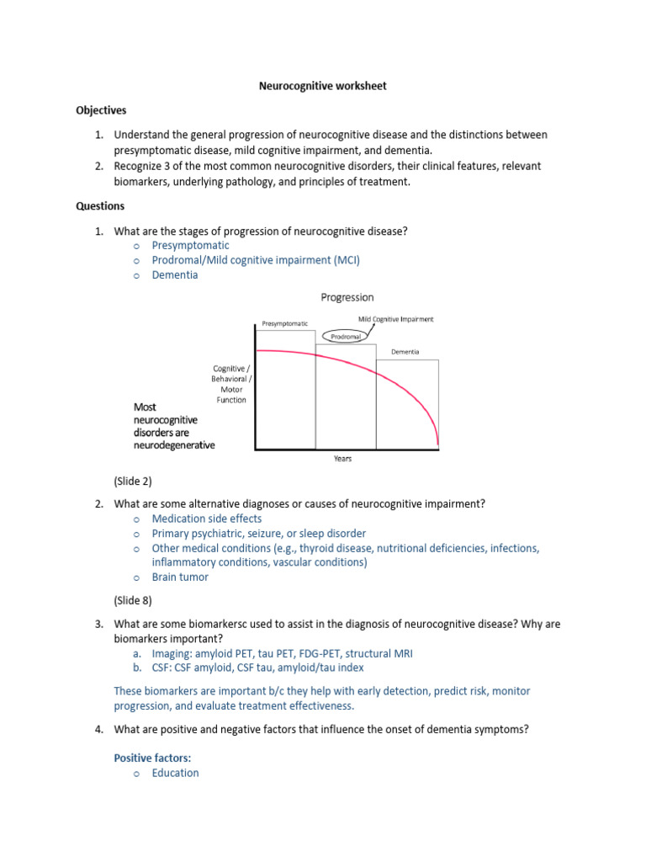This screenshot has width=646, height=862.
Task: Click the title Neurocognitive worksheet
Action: (322, 86)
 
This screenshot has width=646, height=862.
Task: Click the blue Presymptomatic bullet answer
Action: (190, 245)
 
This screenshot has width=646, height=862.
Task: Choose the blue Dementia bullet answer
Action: (175, 275)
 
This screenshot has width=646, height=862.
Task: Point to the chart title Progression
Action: (347, 297)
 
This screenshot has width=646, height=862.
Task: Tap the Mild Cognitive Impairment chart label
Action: (395, 320)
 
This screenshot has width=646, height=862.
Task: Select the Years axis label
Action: (342, 459)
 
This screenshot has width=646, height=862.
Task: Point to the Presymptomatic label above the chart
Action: (284, 323)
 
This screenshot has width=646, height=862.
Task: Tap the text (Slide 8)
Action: (133, 601)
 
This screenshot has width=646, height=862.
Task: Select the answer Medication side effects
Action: (207, 519)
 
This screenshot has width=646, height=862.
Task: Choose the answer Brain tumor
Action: (180, 577)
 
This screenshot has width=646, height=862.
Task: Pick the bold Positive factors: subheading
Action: (152, 758)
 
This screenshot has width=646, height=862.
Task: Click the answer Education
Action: (175, 773)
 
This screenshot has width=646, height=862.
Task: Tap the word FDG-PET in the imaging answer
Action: (342, 653)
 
